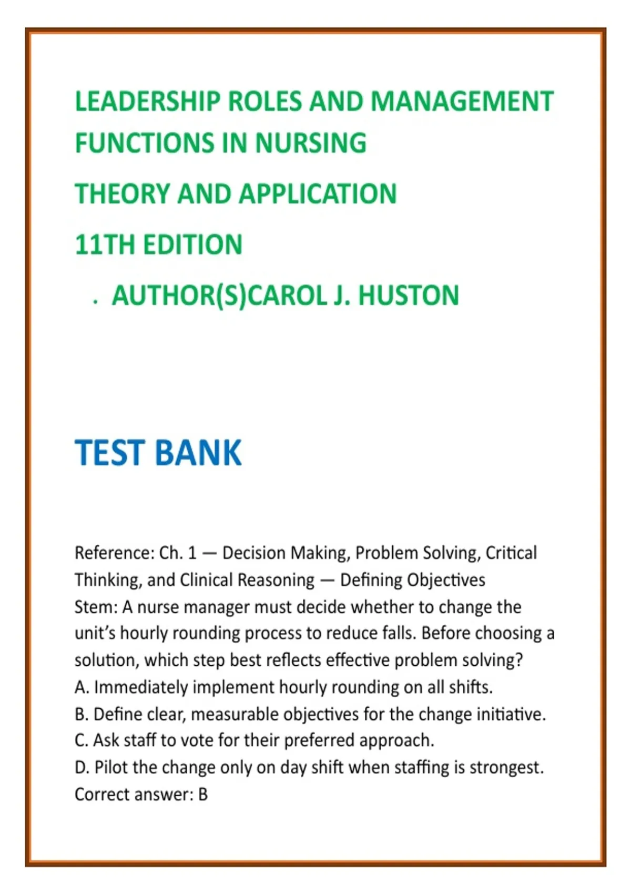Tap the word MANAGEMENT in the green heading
tap(462, 101)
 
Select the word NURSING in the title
tap(311, 143)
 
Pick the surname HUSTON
tap(409, 295)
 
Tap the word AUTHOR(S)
tap(179, 295)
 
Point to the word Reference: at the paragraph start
tap(114, 553)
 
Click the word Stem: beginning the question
tap(96, 607)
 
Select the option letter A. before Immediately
tap(82, 687)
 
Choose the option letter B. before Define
tap(82, 715)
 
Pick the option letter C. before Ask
tap(82, 740)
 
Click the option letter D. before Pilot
tap(82, 768)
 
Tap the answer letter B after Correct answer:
tap(203, 795)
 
